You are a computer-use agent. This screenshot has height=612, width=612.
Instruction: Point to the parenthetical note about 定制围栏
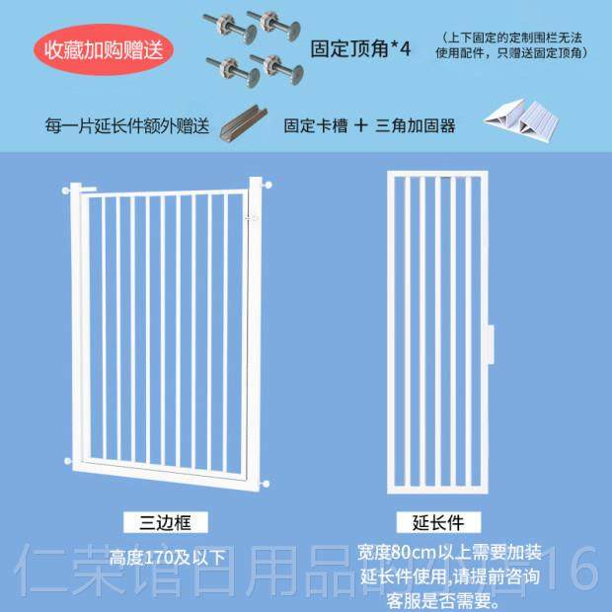tap(513, 44)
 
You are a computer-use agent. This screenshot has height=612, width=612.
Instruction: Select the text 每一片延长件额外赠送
tap(127, 126)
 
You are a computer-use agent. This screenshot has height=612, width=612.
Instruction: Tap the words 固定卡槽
tap(315, 126)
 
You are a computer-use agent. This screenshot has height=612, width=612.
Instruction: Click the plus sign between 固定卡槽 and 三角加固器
tap(361, 126)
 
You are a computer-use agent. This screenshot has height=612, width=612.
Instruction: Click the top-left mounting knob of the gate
tap(67, 188)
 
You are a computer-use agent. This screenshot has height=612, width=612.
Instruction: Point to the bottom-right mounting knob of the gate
tap(268, 484)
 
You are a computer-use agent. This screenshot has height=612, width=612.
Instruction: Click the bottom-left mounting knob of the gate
tap(67, 460)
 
